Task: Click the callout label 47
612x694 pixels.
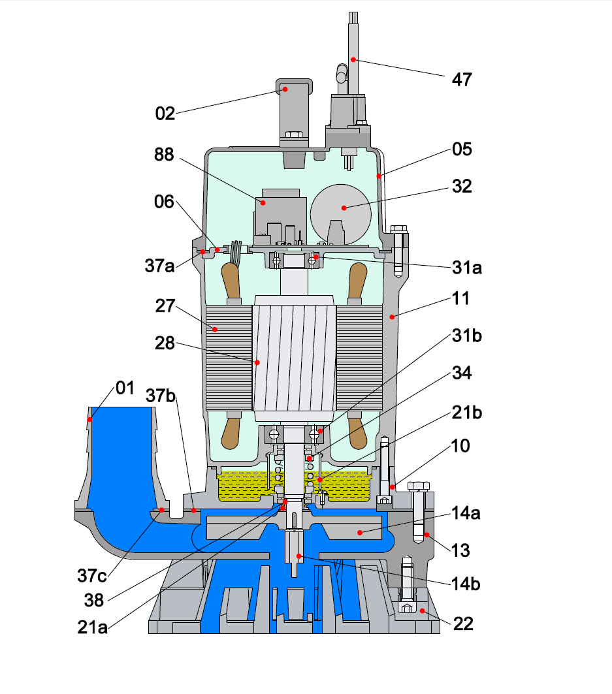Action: (x=462, y=80)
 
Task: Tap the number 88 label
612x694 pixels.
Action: (x=165, y=155)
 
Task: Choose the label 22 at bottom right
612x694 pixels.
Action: (x=462, y=624)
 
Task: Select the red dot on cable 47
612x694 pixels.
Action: (x=353, y=59)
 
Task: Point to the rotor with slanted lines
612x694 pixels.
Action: (x=294, y=359)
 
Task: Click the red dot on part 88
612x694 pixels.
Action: (x=263, y=203)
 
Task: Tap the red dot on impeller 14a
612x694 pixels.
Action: (x=360, y=532)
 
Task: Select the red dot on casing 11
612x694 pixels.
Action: (x=392, y=317)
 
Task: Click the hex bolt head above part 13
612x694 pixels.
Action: (x=418, y=486)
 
